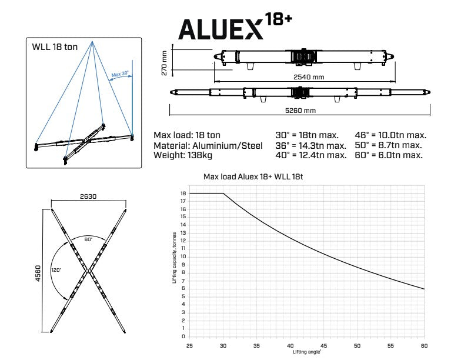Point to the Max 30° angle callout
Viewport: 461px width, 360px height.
coord(120,75)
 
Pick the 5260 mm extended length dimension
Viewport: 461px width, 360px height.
coord(301,111)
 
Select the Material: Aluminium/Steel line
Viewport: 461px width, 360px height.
coord(209,145)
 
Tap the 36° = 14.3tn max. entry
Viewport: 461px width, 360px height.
coord(310,145)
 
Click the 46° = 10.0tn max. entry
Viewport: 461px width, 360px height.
coord(390,135)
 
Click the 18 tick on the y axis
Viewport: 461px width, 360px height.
coord(183,194)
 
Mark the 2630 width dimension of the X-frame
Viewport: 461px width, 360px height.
coord(88,196)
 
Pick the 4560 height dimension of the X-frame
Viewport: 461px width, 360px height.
coord(36,270)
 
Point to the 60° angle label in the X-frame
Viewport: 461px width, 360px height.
coord(88,239)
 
